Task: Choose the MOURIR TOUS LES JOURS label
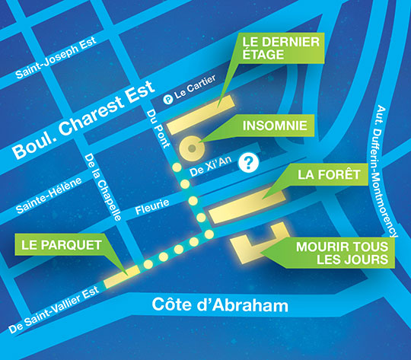coord(342,254)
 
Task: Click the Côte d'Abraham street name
coord(210,306)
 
